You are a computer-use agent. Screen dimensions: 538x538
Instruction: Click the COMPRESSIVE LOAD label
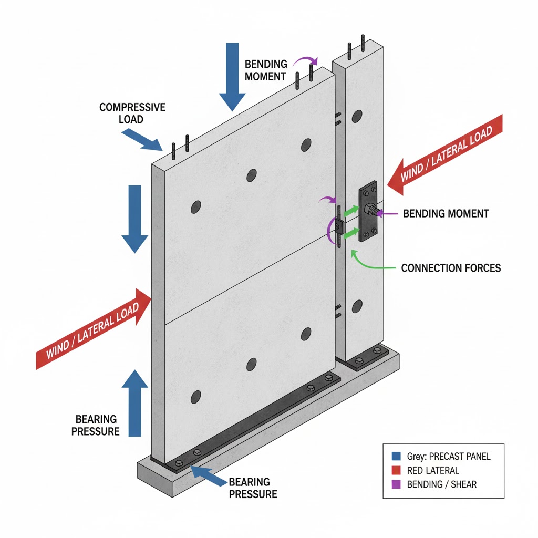132,113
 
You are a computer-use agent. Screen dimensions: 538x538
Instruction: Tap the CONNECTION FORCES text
451,268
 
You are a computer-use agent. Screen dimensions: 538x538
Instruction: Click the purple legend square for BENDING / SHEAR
397,484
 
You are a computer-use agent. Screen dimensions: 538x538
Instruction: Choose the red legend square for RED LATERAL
397,470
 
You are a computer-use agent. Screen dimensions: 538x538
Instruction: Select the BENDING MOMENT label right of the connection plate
446,214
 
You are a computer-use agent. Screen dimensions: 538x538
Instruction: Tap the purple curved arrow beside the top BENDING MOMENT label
305,64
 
